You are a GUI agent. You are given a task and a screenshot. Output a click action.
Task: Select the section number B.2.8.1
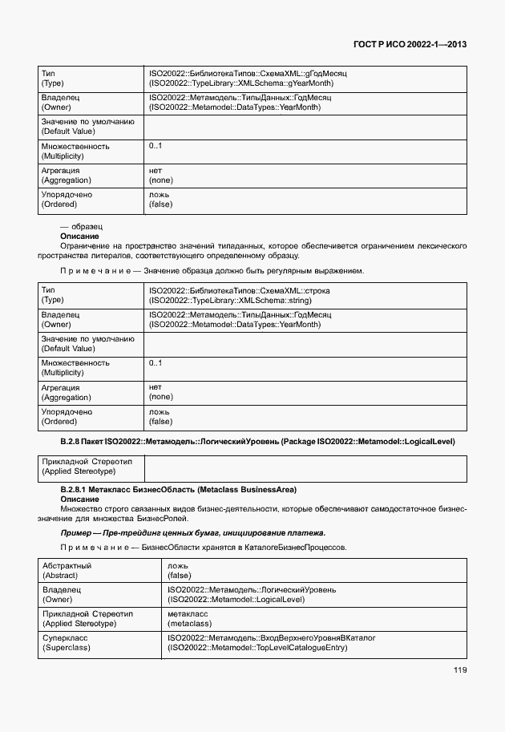point(78,489)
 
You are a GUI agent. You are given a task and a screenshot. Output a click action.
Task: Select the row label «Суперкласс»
point(65,638)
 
